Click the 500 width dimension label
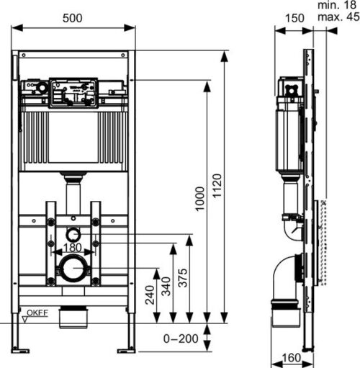click(73, 18)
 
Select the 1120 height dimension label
click(217, 186)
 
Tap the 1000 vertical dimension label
click(199, 199)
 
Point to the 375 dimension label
click(183, 278)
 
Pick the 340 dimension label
click(166, 286)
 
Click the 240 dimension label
click(150, 295)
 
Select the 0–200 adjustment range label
click(181, 338)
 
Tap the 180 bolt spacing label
click(72, 248)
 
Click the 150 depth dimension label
click(294, 18)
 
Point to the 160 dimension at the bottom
click(292, 358)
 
